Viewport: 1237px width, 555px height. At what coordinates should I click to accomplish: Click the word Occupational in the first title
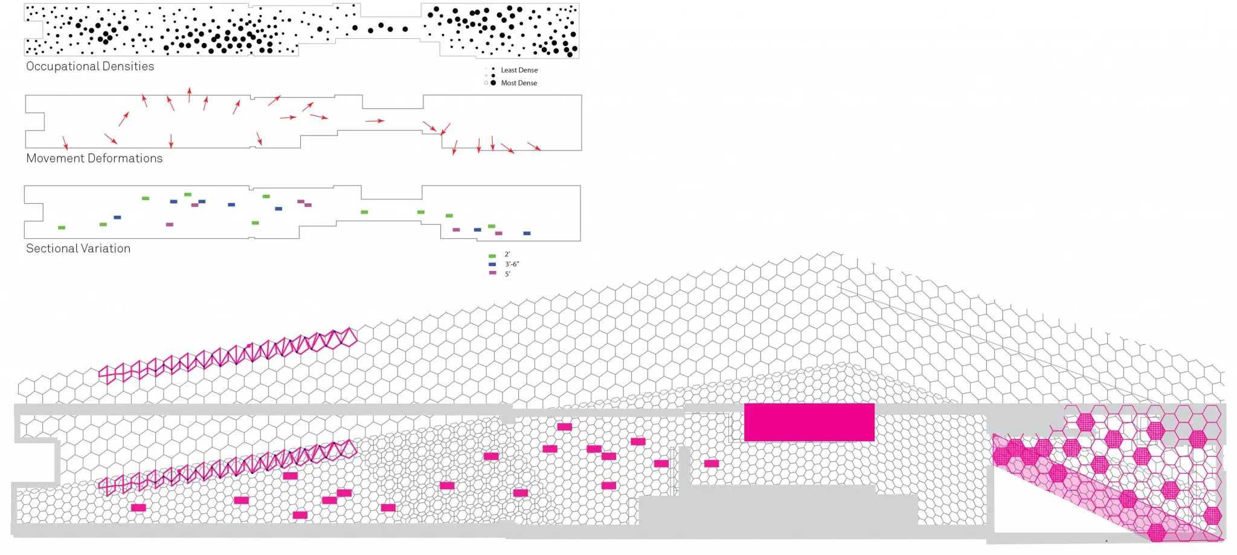coord(59,67)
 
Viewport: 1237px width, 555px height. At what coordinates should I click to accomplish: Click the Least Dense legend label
coord(519,70)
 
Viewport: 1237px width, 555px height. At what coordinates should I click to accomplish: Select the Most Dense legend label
coord(519,83)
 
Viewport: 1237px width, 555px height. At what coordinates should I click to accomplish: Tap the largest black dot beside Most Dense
coord(493,82)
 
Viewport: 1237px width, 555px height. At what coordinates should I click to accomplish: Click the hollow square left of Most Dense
coord(486,83)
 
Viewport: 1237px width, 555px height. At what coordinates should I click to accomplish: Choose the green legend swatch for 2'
coord(492,256)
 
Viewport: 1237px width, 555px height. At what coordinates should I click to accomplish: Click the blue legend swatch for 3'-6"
coord(492,264)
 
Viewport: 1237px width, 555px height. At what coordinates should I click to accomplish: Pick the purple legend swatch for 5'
coord(492,273)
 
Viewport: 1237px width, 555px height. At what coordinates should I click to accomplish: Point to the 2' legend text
coord(507,255)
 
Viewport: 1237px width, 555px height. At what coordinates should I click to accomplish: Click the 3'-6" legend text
coord(512,264)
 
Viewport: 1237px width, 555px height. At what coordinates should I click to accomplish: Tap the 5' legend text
coord(507,274)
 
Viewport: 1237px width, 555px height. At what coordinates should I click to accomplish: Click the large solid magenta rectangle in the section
coord(809,422)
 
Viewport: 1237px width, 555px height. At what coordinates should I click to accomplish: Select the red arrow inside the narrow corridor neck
coord(374,121)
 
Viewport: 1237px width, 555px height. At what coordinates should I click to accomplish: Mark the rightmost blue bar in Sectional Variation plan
coord(527,233)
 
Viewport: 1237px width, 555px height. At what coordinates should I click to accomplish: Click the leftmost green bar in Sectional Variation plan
coord(61,228)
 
